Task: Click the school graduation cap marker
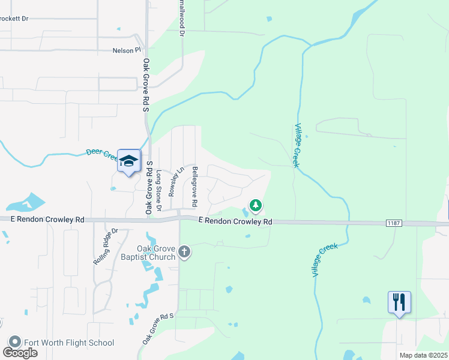(128, 161)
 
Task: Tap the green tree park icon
(256, 206)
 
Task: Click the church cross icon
(184, 253)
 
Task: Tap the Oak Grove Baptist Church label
(147, 253)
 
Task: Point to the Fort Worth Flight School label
(68, 343)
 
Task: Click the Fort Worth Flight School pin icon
(14, 343)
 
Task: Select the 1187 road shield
(393, 223)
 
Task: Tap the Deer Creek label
(101, 155)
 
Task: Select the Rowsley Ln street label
(175, 181)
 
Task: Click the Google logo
(20, 353)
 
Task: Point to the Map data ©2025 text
(423, 355)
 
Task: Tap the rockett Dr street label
(14, 19)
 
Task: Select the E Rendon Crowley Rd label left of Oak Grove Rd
(47, 220)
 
